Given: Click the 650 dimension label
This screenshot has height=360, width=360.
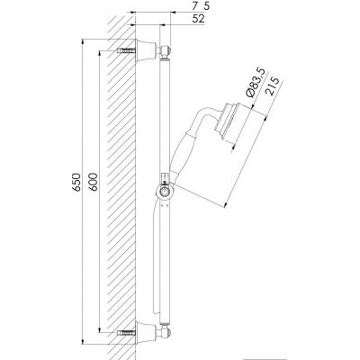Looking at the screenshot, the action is point(77,182).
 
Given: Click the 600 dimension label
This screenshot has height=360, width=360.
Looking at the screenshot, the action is point(93,182).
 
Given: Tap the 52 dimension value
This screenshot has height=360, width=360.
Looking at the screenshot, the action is point(198,19).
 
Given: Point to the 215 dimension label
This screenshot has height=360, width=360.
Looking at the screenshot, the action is point(273,86).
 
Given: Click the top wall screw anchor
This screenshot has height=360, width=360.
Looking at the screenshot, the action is point(126,50).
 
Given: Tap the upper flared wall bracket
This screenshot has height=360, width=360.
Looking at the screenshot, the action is point(146,50).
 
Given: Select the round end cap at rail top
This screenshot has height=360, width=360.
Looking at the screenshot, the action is point(166,50).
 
